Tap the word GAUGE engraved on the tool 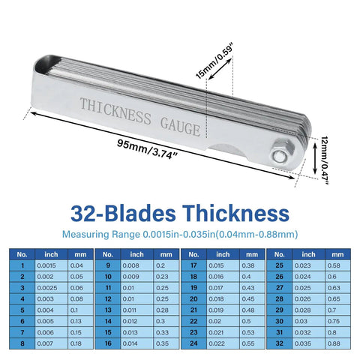(181, 127)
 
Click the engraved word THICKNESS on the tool (115, 111)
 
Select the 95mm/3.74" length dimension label (148, 149)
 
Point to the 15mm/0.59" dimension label (214, 61)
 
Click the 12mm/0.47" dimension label (325, 160)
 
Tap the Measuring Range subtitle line (180, 235)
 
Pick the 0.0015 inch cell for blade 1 (52, 265)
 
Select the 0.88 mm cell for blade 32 (338, 343)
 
